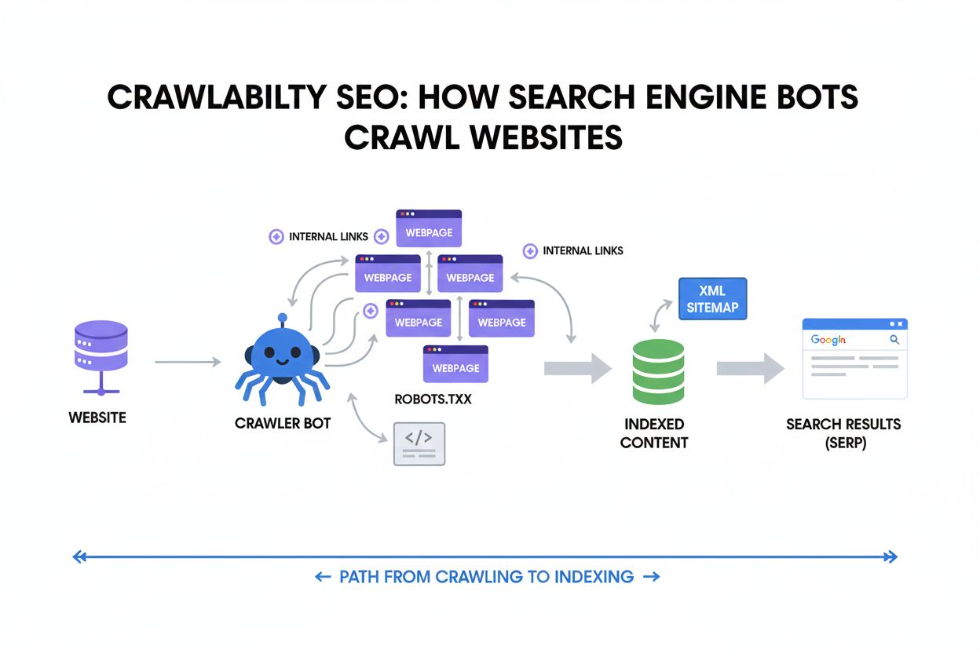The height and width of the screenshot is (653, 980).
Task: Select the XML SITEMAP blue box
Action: tap(712, 299)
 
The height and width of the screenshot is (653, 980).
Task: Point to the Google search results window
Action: tap(854, 359)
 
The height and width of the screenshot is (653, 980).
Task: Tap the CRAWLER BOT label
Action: tap(283, 423)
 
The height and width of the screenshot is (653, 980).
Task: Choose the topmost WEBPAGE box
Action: tap(429, 228)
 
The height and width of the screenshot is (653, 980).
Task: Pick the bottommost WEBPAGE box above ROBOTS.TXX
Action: tap(455, 364)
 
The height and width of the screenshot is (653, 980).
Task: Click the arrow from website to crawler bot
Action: tap(188, 362)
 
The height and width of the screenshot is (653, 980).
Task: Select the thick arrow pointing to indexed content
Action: tap(578, 367)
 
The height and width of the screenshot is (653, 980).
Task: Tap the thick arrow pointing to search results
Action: tap(750, 367)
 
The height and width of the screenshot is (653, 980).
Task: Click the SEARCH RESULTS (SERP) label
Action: tap(843, 432)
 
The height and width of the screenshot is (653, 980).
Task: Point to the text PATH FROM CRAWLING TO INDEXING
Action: tap(486, 577)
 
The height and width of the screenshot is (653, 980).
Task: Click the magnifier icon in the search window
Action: tap(894, 340)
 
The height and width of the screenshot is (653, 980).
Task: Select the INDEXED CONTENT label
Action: tap(653, 433)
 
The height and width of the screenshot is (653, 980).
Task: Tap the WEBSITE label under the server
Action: tap(97, 418)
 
